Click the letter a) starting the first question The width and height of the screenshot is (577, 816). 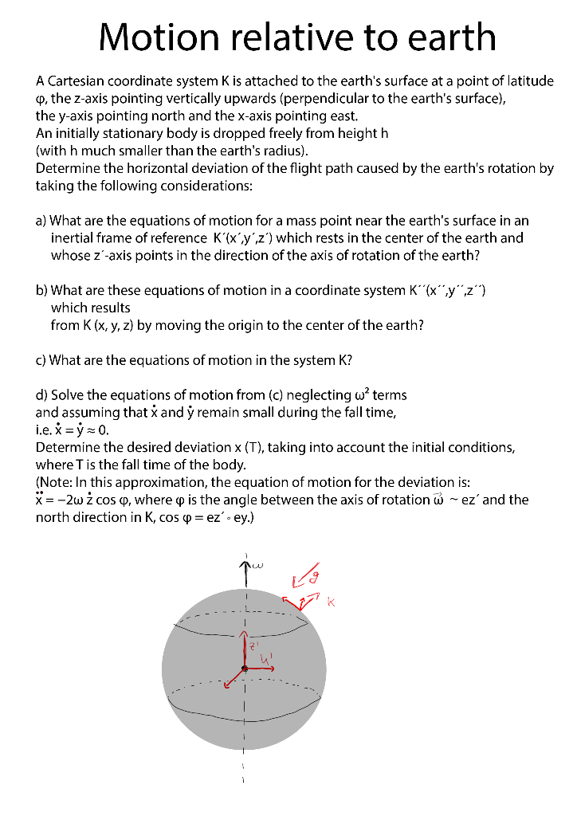click(x=41, y=221)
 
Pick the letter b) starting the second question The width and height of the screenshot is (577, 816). click(x=41, y=290)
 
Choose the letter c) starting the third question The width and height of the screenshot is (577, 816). click(x=41, y=360)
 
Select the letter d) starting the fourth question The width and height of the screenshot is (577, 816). click(x=41, y=395)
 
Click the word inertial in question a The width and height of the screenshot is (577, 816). click(x=73, y=238)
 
